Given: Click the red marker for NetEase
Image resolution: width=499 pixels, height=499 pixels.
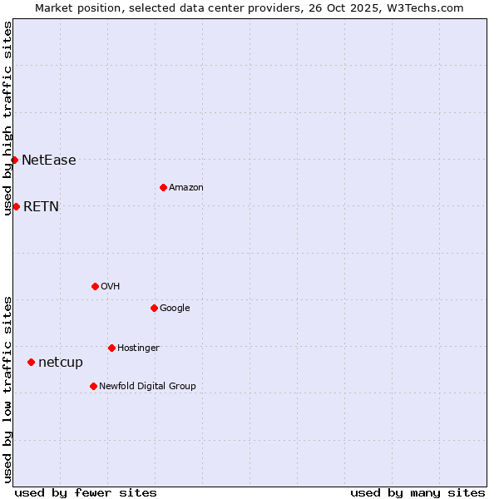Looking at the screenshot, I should (x=14, y=160).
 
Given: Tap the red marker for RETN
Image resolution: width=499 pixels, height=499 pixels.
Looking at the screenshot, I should (x=16, y=206).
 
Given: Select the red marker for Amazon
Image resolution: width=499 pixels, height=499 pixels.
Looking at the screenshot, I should (x=163, y=187).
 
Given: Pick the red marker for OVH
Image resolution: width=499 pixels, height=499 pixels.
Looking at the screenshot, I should (x=95, y=286).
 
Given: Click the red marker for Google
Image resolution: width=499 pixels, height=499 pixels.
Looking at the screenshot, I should (x=154, y=308).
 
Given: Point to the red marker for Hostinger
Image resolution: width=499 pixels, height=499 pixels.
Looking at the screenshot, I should (x=111, y=348).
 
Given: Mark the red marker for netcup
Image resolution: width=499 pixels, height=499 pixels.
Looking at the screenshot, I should (x=31, y=362).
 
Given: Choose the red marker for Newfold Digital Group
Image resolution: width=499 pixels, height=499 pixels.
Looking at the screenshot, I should (x=93, y=386).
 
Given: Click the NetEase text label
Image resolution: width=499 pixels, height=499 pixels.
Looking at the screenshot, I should (x=48, y=161).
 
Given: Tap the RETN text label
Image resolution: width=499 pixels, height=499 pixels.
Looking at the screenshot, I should (x=41, y=207).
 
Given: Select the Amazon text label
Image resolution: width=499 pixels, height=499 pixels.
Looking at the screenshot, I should (x=185, y=188).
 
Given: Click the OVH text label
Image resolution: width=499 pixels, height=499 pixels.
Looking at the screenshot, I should (x=110, y=287).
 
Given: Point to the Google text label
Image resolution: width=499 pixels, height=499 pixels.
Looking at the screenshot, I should (x=175, y=309).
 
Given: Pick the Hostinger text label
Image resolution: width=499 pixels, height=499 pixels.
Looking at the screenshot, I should (x=138, y=348).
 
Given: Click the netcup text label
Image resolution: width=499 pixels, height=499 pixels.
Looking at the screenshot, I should (x=61, y=363).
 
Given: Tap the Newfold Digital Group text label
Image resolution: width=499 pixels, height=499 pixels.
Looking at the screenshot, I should (x=147, y=387).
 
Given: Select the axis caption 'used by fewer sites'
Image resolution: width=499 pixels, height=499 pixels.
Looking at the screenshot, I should (x=86, y=492).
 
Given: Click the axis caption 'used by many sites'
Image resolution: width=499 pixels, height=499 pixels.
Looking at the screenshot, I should (x=417, y=492).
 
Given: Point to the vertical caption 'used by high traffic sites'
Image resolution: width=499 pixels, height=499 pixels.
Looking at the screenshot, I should (x=7, y=119).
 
